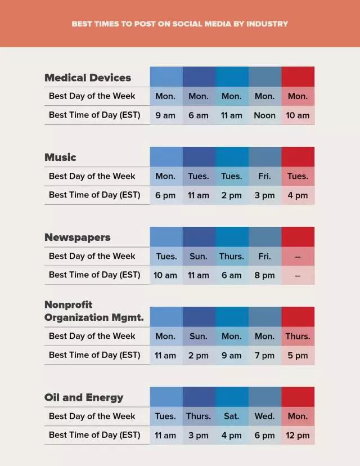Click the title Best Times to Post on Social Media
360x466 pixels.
(x=180, y=24)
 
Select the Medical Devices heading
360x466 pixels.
(x=88, y=78)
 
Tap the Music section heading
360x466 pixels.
(x=60, y=157)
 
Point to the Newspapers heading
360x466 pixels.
(x=78, y=237)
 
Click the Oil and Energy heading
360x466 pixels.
(x=84, y=397)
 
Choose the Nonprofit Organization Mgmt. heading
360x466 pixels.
(x=94, y=311)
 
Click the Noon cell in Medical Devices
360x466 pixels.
(x=264, y=115)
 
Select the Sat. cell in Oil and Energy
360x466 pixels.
(x=231, y=416)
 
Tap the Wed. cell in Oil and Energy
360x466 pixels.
(x=264, y=416)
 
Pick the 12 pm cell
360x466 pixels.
(x=298, y=435)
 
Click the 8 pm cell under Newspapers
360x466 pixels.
(x=264, y=275)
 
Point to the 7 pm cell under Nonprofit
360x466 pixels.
(x=264, y=355)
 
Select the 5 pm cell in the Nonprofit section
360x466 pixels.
(x=298, y=355)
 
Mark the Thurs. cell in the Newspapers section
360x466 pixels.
(x=231, y=256)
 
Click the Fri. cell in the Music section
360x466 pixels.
(x=264, y=176)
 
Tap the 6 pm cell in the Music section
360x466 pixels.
(x=165, y=195)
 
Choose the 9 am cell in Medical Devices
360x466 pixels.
(x=165, y=115)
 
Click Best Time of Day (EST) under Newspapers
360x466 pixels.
(x=94, y=275)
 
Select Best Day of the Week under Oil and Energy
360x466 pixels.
(x=92, y=416)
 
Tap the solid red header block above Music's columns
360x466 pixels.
(x=298, y=157)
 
